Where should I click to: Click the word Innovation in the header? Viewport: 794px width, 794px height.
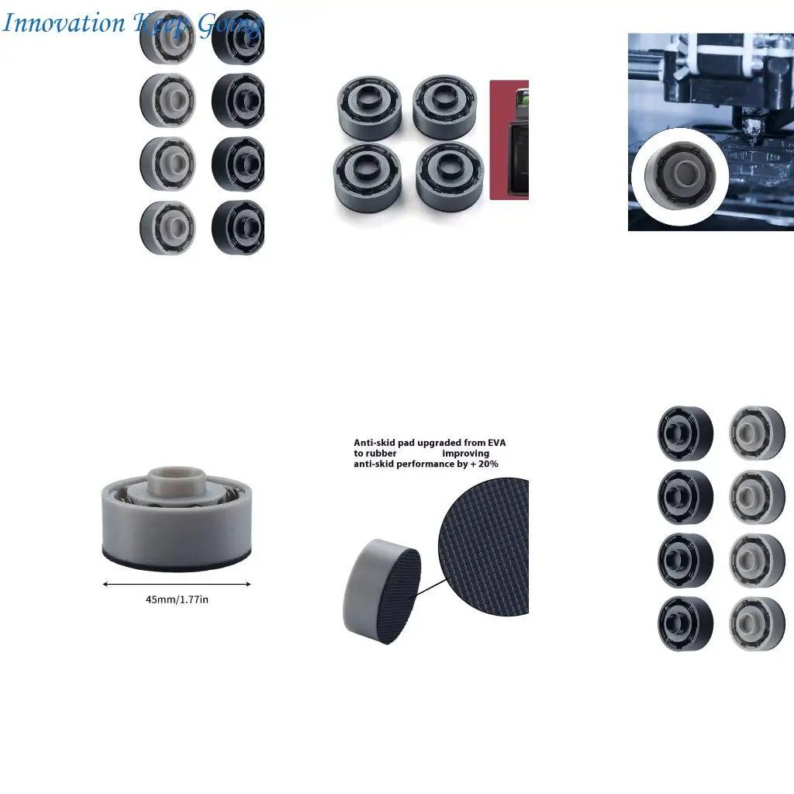point(63,23)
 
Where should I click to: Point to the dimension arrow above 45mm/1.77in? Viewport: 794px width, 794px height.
point(177,584)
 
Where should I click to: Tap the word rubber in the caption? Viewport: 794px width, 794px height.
point(375,454)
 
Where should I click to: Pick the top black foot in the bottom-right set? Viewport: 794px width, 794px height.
point(685,433)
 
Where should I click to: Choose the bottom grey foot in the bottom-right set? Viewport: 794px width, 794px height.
point(757,623)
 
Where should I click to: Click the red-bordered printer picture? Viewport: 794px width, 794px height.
point(509,140)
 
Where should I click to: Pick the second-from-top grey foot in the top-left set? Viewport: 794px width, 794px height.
point(167,98)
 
